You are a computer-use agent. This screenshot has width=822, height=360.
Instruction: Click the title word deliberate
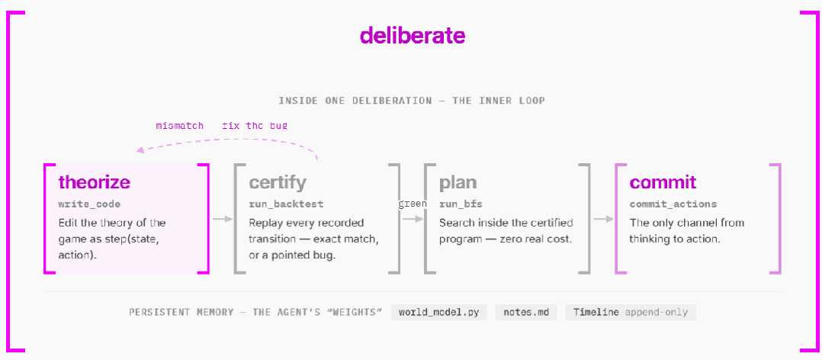[x=413, y=35]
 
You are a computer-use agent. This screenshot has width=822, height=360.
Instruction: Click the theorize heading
[x=95, y=182]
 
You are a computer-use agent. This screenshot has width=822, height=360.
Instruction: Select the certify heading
[x=278, y=183]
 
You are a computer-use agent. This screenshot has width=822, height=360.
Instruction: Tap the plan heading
[x=458, y=183]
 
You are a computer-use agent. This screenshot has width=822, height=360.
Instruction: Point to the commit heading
[x=663, y=182]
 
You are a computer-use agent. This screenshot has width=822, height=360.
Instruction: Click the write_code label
[x=89, y=204]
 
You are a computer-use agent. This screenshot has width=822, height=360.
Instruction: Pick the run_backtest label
[x=286, y=204]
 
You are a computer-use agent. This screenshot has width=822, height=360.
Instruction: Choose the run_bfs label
[x=461, y=204]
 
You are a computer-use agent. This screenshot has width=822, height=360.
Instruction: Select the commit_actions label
[x=673, y=204]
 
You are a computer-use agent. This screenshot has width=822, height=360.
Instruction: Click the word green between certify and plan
[x=412, y=204]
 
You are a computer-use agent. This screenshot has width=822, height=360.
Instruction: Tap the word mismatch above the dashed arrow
[x=180, y=126]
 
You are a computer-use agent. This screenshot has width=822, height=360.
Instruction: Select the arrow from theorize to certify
[x=222, y=219]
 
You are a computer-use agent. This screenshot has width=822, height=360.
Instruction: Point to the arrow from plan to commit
[x=603, y=219]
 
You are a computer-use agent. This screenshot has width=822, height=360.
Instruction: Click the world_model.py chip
[x=439, y=312]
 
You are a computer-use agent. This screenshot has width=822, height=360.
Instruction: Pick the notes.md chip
[x=526, y=312]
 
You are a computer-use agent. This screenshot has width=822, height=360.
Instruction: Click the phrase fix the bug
[x=255, y=126]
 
